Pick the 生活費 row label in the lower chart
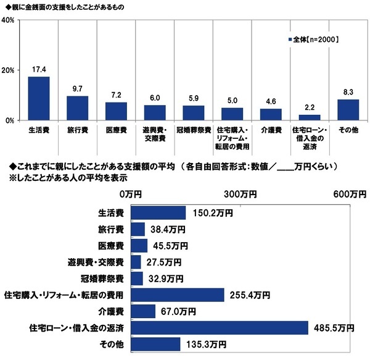click(112, 212)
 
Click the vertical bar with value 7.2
click(117, 111)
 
